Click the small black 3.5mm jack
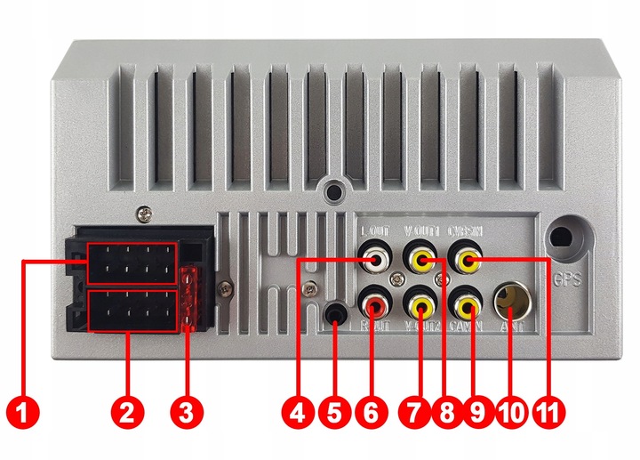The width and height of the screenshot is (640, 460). [x=336, y=314]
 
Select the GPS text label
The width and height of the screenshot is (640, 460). [x=567, y=278]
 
